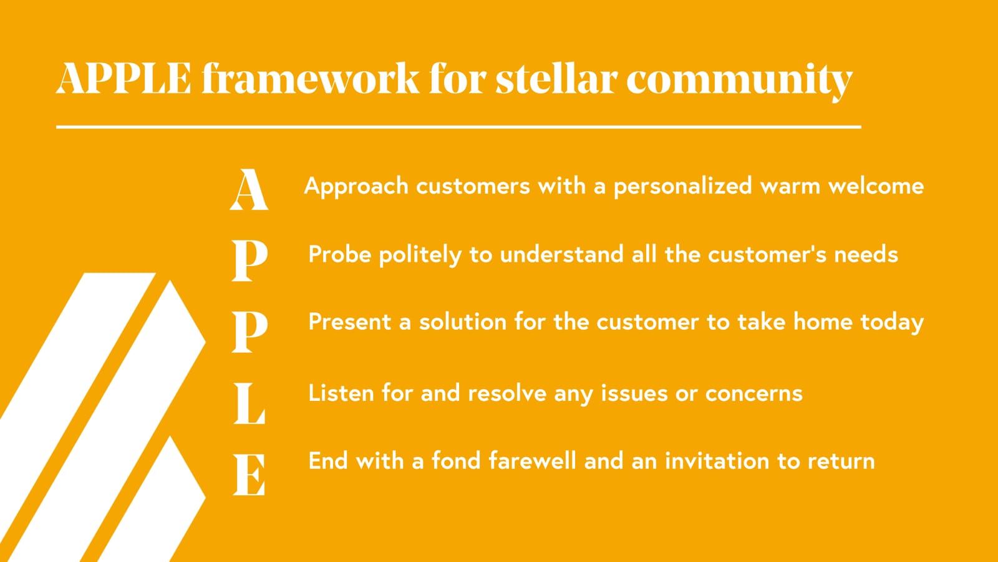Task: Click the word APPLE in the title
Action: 124,79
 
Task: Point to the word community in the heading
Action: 739,82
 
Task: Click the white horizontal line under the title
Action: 458,127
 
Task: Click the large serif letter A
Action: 249,189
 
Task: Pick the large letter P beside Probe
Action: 249,260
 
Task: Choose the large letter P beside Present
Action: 249,332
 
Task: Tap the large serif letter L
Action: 249,403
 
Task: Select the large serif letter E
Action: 249,475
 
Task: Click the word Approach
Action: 356,187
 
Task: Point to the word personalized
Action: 683,187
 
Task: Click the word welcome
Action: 876,185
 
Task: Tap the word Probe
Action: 340,255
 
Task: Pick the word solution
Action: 463,322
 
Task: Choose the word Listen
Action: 341,393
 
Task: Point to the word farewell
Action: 533,460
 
